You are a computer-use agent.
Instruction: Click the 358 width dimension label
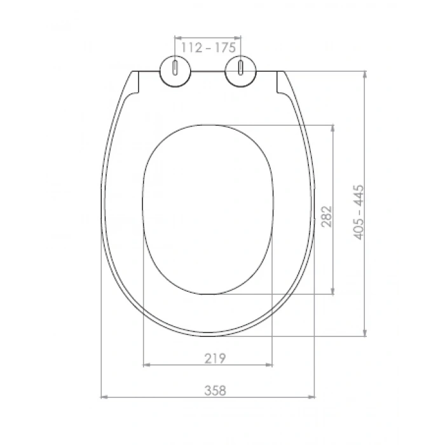(215, 390)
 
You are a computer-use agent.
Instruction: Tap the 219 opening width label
(215, 359)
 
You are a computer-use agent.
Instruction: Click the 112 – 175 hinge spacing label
(209, 48)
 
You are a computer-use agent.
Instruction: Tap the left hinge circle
(175, 71)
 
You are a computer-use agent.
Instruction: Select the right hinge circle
(241, 71)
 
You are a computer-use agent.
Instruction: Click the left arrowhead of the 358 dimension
(104, 397)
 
